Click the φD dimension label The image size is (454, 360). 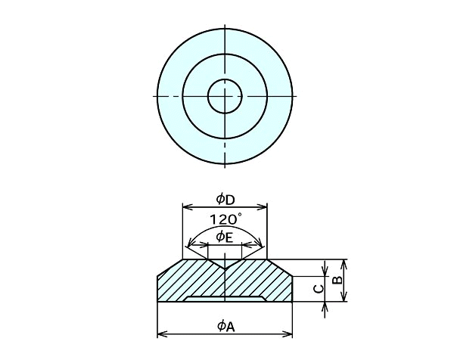(x=225, y=199)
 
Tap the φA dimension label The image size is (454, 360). (x=225, y=326)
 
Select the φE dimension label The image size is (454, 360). (x=225, y=237)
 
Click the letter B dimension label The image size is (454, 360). (x=338, y=281)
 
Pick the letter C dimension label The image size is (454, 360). (x=319, y=288)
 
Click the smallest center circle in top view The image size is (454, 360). (x=225, y=95)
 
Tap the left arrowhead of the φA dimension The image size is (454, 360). (x=160, y=334)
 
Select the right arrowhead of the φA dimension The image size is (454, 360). (x=289, y=334)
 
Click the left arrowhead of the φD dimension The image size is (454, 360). (x=186, y=206)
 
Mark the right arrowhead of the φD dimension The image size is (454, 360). (x=264, y=206)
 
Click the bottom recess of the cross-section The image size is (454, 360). (x=225, y=299)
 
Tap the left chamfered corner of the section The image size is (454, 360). (x=167, y=268)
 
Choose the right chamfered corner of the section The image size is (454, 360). (x=282, y=268)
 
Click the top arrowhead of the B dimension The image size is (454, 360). (x=344, y=262)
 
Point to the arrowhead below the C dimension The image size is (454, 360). (x=326, y=306)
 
